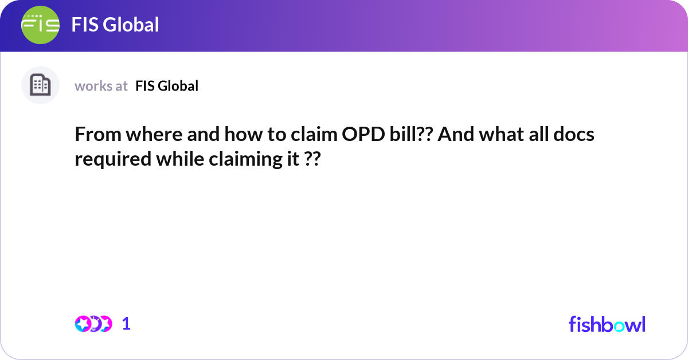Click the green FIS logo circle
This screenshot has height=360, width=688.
[x=40, y=25]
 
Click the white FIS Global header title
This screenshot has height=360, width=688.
[x=115, y=25]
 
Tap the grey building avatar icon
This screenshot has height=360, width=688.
[x=40, y=85]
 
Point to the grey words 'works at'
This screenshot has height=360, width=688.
[x=101, y=86]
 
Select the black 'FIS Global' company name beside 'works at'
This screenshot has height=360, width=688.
[x=167, y=86]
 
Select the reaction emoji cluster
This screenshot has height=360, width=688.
[x=93, y=324]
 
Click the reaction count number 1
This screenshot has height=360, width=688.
[x=126, y=324]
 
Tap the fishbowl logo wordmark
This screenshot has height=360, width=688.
[x=607, y=324]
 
